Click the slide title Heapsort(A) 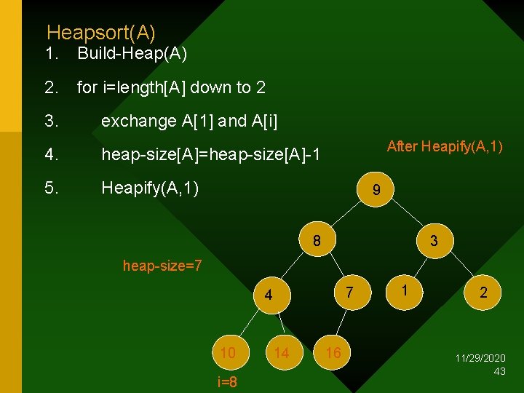point(100,33)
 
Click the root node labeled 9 point(376,191)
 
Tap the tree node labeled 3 point(434,240)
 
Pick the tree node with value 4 point(269,295)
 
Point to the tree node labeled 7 point(349,293)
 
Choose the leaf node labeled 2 point(483,293)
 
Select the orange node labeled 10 point(228,353)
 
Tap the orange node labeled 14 point(281,353)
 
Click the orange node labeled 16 point(333,353)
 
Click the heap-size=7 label point(162,266)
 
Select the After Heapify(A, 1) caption point(445,146)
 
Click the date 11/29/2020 point(480,359)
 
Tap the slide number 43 point(499,371)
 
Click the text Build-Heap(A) point(132,53)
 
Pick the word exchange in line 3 point(138,121)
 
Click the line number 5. point(51,188)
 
